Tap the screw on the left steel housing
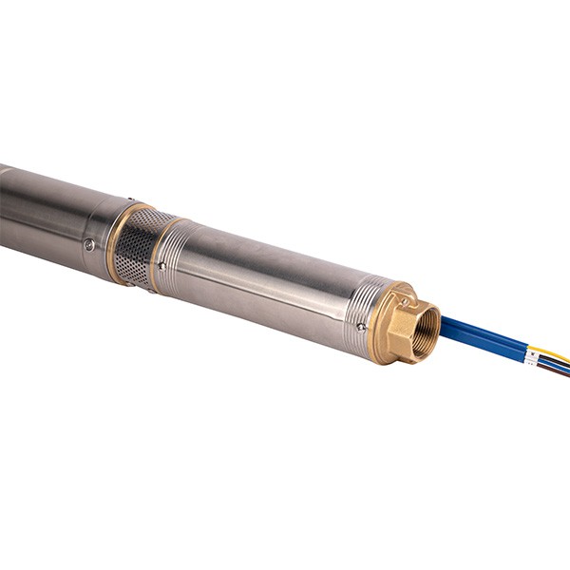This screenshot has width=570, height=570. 88,244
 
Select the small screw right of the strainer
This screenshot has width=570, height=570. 161,267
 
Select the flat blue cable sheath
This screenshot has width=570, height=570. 484,337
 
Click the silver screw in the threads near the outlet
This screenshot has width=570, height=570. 361,327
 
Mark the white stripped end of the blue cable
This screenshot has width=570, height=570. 532,356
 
